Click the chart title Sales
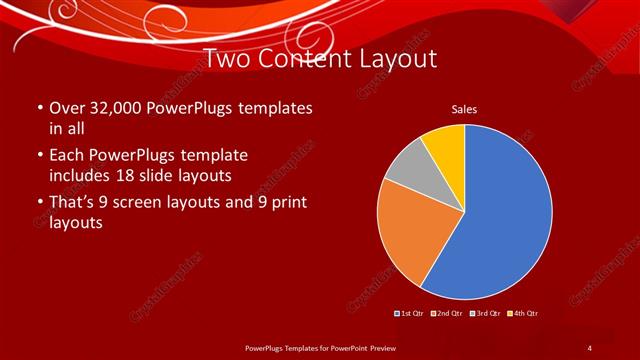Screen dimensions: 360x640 (x=464, y=109)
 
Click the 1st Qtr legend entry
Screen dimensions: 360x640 (x=409, y=313)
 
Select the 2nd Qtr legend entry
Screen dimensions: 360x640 (x=446, y=313)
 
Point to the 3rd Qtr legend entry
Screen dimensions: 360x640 (x=484, y=313)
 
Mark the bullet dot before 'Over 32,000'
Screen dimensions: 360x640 (x=38, y=108)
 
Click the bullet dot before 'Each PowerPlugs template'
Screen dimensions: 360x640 (x=38, y=156)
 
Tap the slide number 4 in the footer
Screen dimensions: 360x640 (x=589, y=347)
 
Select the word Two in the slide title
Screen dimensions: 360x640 (x=225, y=59)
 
